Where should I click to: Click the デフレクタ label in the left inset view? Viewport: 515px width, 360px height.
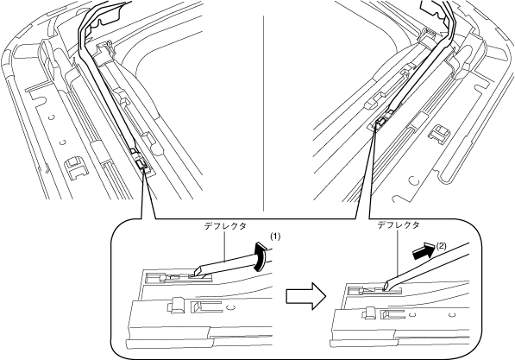(x=225, y=226)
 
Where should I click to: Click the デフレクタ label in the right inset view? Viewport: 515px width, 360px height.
(x=398, y=225)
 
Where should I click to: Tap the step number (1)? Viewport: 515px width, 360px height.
(x=275, y=237)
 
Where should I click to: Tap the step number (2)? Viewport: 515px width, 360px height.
(x=441, y=245)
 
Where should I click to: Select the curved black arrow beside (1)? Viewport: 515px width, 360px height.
(x=261, y=256)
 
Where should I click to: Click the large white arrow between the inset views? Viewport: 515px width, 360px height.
(x=305, y=295)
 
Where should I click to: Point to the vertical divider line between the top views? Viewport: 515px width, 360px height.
(x=263, y=113)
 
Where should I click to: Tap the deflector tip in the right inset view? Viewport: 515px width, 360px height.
(x=387, y=286)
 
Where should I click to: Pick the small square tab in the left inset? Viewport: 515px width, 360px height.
(x=176, y=305)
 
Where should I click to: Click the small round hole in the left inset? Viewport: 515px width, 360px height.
(x=231, y=307)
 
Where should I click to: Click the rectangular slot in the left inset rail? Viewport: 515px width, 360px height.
(x=201, y=306)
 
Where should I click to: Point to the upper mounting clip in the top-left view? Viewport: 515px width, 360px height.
(x=104, y=48)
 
